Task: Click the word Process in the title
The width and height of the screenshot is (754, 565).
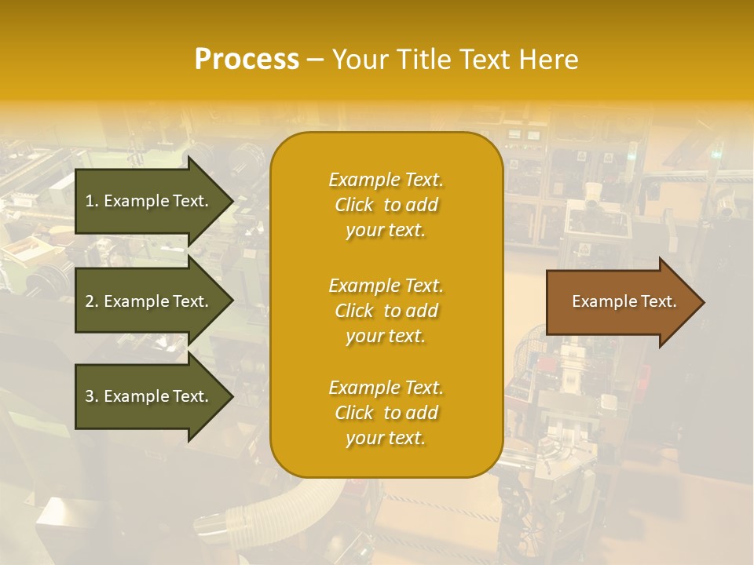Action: (x=247, y=60)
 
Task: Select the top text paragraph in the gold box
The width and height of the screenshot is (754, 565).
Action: (x=386, y=205)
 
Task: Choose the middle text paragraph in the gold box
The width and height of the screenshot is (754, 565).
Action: (x=386, y=311)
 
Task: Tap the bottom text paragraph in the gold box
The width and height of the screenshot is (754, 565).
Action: (x=386, y=413)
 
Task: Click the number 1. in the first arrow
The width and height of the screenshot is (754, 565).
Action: (x=92, y=201)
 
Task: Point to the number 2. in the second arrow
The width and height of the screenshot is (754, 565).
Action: (x=92, y=301)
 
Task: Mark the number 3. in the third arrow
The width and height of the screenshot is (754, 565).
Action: (x=92, y=396)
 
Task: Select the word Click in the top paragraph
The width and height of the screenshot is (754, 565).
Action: (x=354, y=205)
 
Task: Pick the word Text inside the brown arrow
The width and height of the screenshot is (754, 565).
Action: (x=661, y=301)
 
